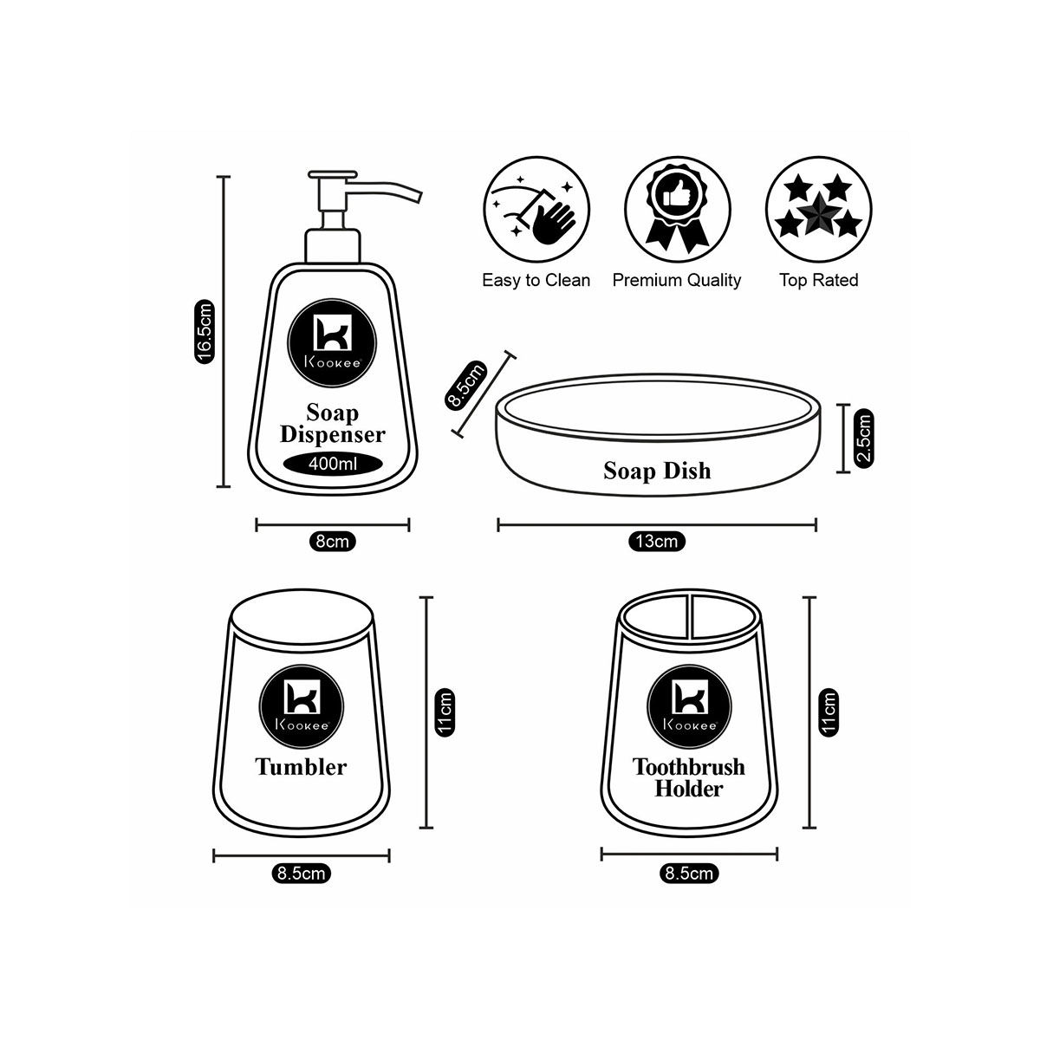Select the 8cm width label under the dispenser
(333, 542)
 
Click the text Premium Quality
(677, 280)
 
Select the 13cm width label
(656, 542)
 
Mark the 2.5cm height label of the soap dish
(864, 439)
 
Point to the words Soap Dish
(657, 471)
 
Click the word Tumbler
(301, 766)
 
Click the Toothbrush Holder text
(689, 777)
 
